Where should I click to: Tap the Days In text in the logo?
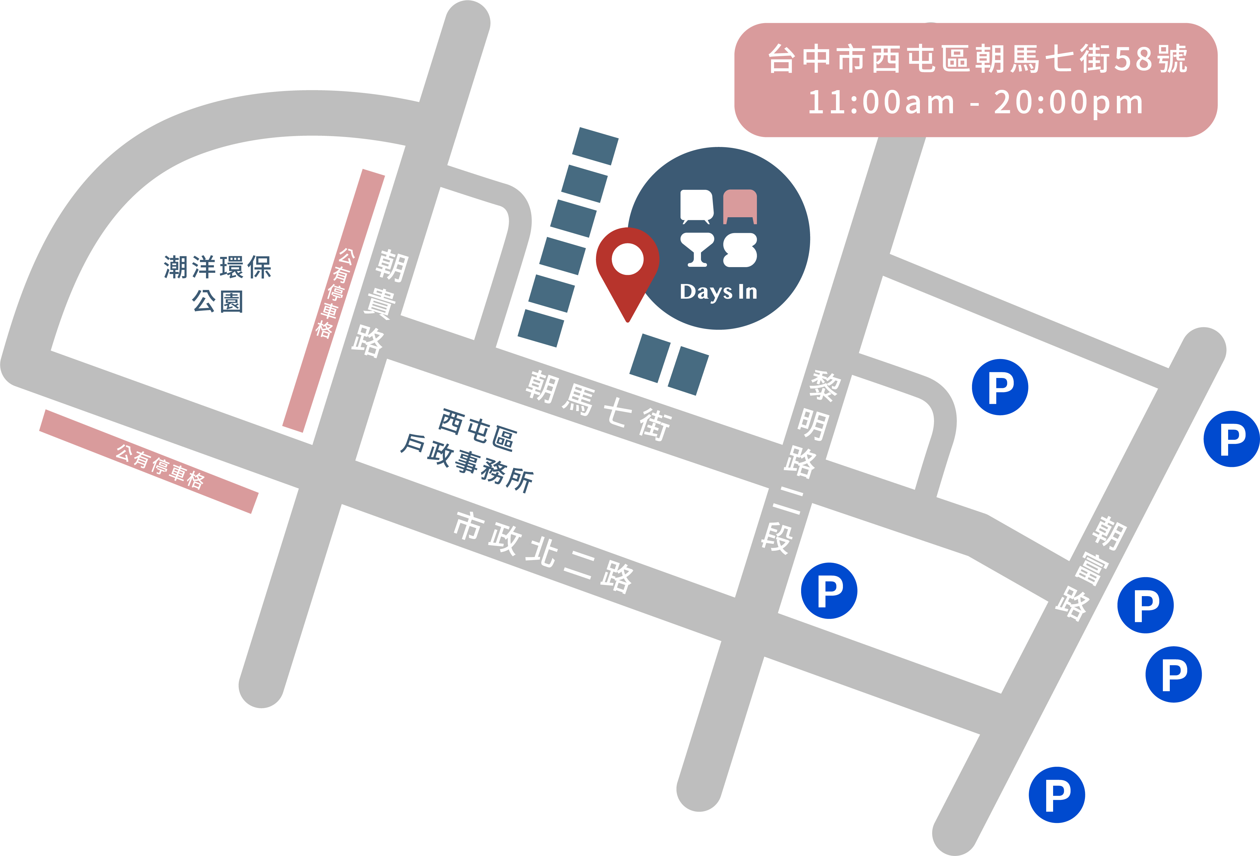pyautogui.click(x=718, y=292)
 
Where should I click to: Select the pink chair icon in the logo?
pyautogui.click(x=740, y=206)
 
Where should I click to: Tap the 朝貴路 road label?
pyautogui.click(x=380, y=303)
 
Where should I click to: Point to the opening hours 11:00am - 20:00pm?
pyautogui.click(x=976, y=102)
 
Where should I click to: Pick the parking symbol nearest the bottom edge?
pyautogui.click(x=1057, y=795)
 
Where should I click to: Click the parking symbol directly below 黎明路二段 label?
pyautogui.click(x=829, y=590)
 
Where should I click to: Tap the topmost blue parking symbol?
pyautogui.click(x=1000, y=387)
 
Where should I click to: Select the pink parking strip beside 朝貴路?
pyautogui.click(x=333, y=301)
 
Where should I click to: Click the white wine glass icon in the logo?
pyautogui.click(x=697, y=249)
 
